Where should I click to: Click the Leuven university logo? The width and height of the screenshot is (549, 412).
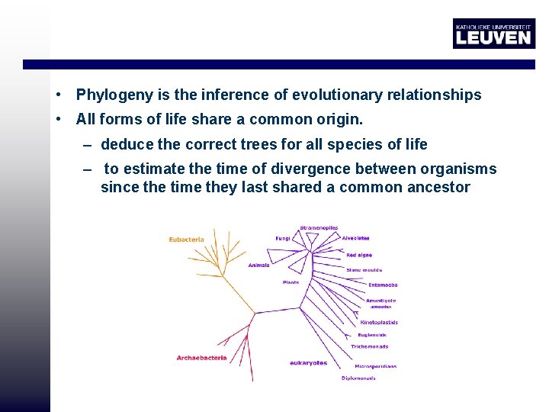493,34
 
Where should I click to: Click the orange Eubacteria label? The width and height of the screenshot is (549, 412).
187,240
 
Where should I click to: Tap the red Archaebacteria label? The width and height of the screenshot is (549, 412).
201,358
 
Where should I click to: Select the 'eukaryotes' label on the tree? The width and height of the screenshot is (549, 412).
308,363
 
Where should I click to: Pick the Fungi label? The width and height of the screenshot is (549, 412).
283,238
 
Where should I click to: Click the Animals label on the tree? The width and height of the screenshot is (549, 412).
258,266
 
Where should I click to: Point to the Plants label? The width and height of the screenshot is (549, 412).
291,282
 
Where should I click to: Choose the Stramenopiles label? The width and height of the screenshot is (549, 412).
319,227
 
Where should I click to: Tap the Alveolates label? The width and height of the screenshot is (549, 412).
355,238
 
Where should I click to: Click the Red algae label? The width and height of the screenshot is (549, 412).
359,255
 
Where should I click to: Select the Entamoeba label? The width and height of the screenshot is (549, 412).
383,285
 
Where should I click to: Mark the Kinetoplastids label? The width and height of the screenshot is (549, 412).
379,323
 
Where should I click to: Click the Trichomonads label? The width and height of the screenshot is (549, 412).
369,346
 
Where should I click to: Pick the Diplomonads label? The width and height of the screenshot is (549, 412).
358,378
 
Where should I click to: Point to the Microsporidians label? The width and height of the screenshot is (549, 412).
375,366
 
